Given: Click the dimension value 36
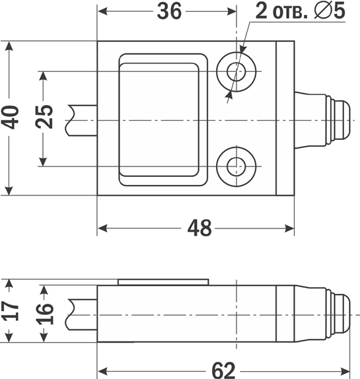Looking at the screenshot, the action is (169, 11).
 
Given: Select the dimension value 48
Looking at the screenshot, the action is (199, 228).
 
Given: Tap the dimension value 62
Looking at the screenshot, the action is (223, 370).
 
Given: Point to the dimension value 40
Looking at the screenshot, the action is (10, 118).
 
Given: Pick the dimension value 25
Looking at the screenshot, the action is (44, 117).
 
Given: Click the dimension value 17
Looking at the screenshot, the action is (11, 310).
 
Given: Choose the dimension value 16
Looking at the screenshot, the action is (44, 313).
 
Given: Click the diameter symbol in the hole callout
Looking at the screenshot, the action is (323, 11).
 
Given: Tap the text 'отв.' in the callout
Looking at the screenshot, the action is (291, 13).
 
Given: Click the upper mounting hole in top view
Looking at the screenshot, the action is (236, 71).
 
